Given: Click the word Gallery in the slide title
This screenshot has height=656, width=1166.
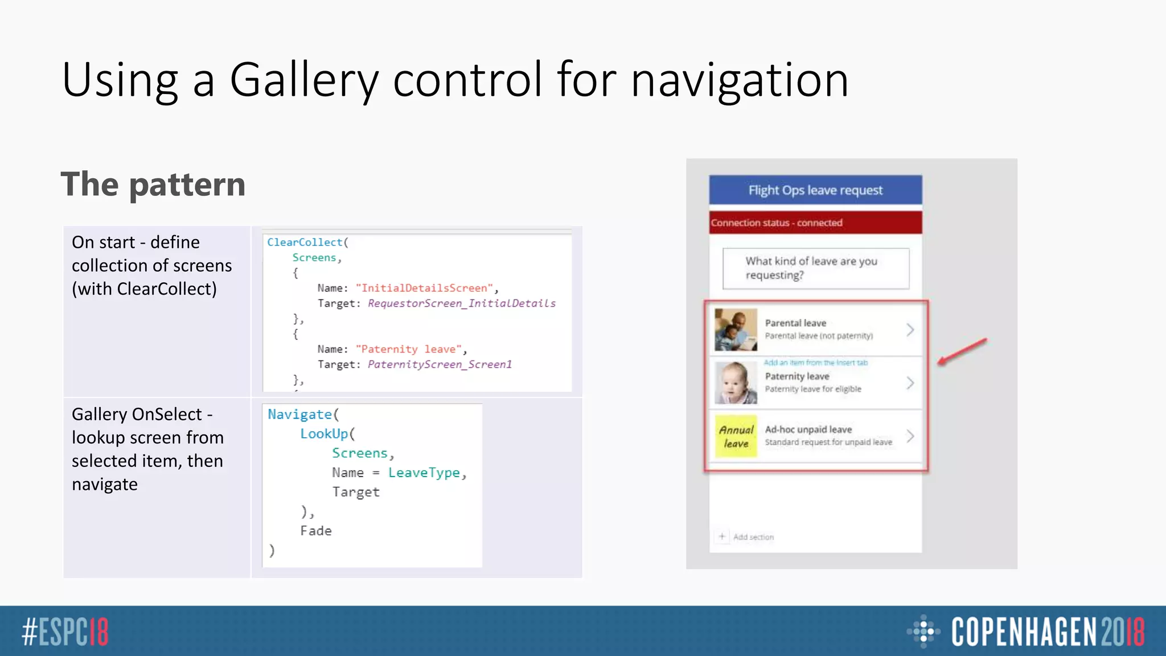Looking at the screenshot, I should pos(304,80).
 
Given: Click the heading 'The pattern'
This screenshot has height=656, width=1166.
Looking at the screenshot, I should pos(153,184).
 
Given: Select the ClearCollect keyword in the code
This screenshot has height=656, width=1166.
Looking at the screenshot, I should pos(305,242).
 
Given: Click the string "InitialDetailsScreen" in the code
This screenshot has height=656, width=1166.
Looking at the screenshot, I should pos(425,288).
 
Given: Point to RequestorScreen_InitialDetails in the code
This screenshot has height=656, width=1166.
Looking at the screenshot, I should pos(461,304).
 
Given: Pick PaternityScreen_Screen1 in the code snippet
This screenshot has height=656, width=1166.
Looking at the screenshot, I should pos(440,364).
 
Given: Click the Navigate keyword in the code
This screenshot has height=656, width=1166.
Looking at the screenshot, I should pos(300,415).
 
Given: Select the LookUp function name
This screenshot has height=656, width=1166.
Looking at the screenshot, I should pos(324,434).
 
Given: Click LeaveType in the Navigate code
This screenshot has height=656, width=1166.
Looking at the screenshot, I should pos(424,473).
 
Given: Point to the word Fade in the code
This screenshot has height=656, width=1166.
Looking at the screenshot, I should pos(316,531).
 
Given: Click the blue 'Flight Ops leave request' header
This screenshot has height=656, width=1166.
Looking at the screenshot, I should pos(815,190).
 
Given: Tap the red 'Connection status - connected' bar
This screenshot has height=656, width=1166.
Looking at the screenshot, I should pos(815,223).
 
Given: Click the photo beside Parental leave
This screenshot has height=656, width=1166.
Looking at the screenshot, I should pos(736,330).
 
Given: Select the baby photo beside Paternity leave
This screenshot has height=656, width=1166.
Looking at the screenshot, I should pos(736,383).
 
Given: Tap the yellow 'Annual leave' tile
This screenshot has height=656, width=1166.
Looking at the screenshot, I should pos(736,436).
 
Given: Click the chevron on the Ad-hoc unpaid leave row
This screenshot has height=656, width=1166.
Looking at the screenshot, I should pos(910,436).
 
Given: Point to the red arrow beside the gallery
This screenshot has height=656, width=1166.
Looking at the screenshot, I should pos(962,351).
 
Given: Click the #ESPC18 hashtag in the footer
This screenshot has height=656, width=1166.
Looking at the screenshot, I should pos(65,632).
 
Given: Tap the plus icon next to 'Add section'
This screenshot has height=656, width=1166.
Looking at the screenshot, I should pos(722,536).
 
